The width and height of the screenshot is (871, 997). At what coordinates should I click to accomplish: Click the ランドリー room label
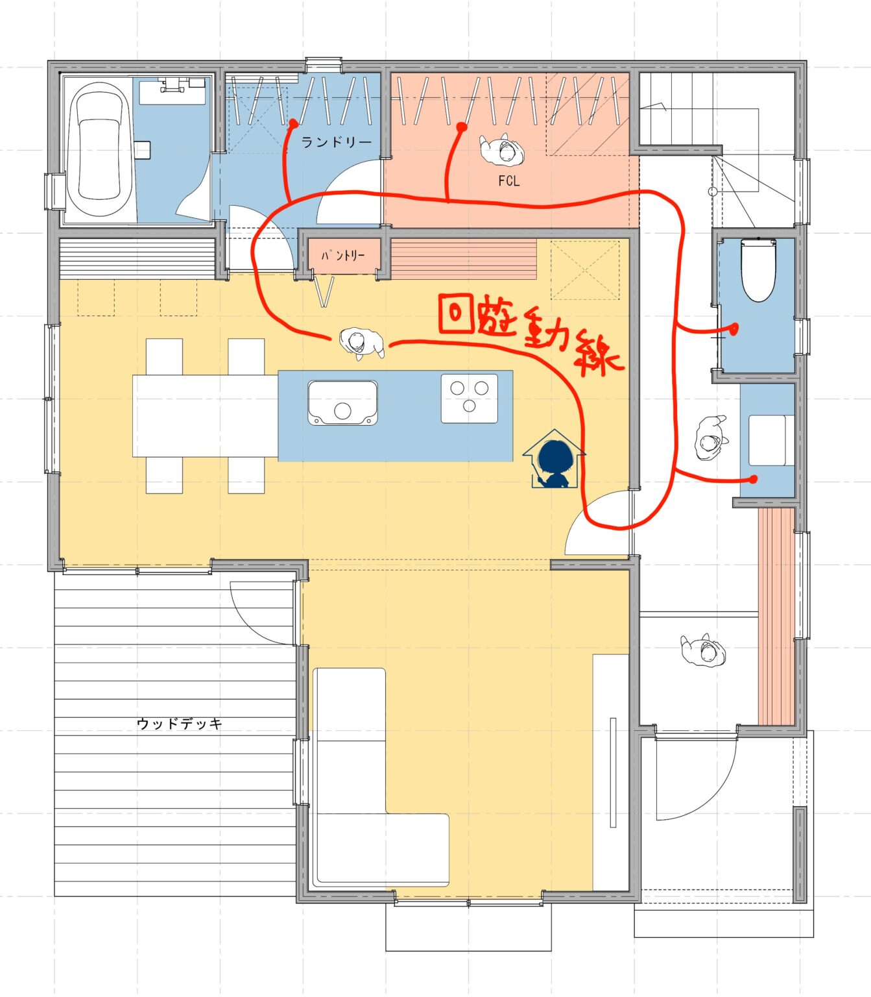pos(337,142)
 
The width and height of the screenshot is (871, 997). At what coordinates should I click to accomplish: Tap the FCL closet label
pos(508,181)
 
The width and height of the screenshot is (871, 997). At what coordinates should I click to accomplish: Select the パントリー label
pos(342,255)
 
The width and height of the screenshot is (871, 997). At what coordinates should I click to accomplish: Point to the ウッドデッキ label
pos(179,723)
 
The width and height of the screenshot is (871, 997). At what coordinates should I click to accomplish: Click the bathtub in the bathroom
pos(99,149)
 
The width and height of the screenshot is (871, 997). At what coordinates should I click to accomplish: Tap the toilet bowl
pos(758,270)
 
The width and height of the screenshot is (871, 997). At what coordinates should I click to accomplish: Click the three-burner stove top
pos(470,398)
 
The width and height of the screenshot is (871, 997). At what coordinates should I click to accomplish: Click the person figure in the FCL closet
pos(502,149)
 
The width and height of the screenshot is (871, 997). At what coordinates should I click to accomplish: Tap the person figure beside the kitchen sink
pos(361,343)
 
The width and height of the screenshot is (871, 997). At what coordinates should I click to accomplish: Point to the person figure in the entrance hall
pos(704,650)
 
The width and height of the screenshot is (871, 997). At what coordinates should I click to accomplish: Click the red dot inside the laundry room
pos(294,124)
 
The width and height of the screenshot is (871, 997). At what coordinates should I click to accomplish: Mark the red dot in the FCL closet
pos(462,127)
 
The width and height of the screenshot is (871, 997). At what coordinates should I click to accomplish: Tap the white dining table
pos(205,415)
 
